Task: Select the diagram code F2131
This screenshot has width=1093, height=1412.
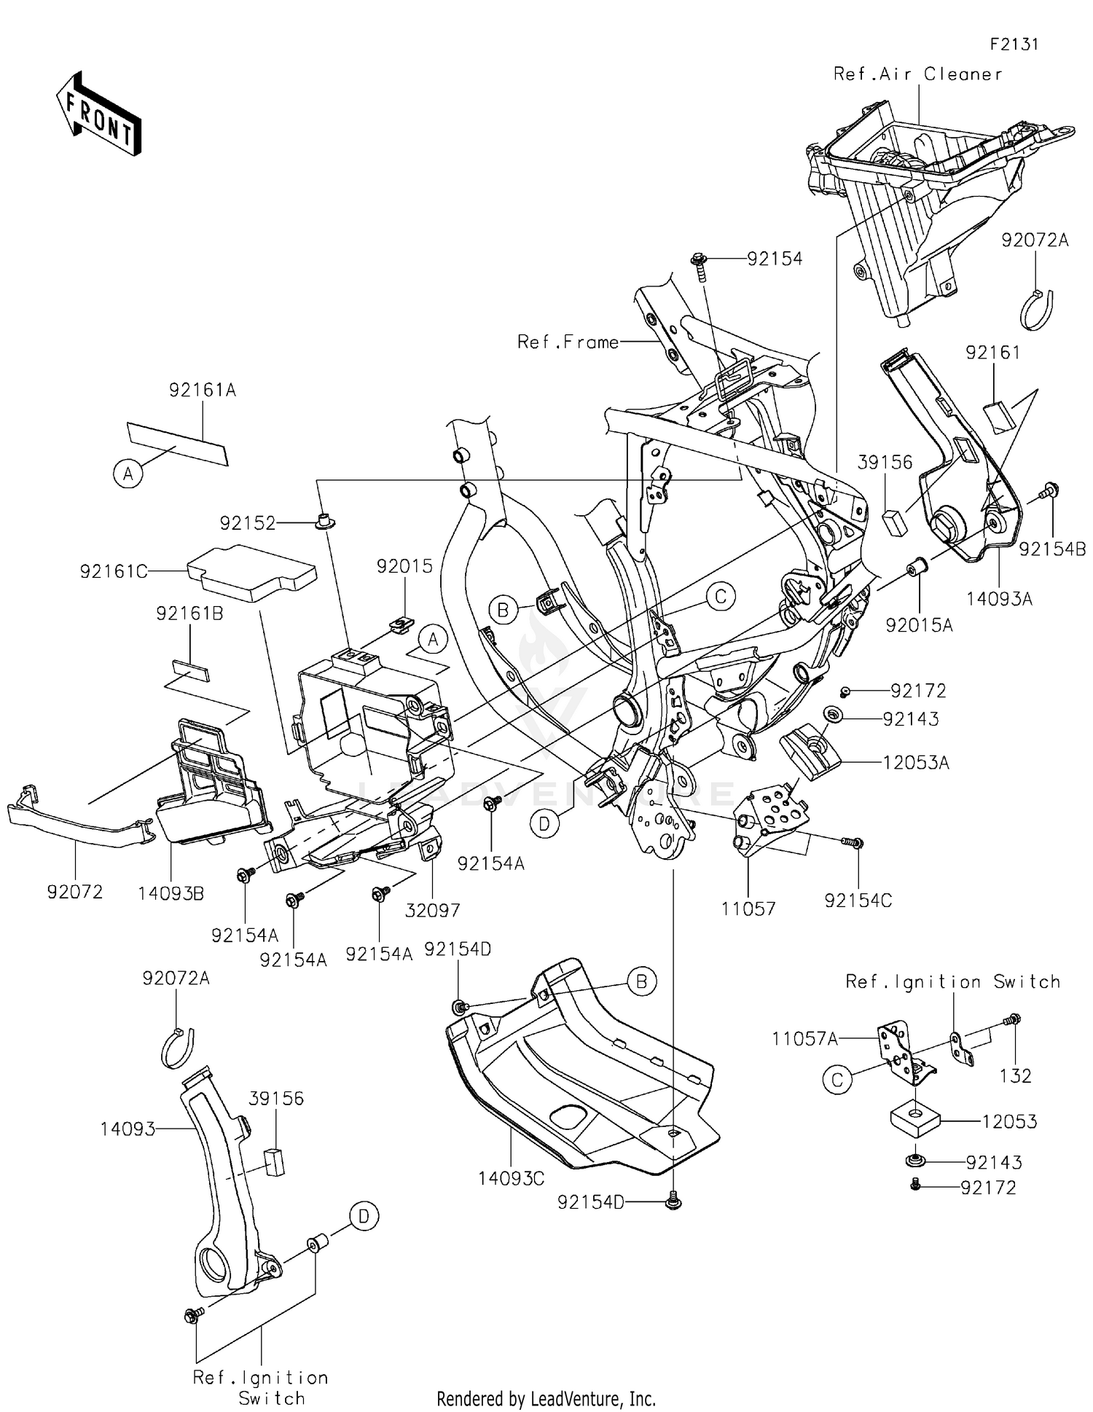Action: point(1014,44)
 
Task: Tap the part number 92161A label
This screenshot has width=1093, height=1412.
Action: point(203,391)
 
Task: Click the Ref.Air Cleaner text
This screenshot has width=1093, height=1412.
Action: point(917,74)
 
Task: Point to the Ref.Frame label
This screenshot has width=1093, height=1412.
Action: point(568,342)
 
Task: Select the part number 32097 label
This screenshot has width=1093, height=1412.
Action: point(433,910)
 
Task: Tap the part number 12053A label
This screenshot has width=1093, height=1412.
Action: point(916,763)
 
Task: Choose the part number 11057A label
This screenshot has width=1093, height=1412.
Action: point(805,1038)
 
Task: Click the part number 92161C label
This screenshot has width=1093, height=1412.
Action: point(114,572)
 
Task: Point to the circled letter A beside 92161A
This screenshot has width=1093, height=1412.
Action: point(128,474)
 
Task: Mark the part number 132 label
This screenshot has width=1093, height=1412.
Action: point(1016,1075)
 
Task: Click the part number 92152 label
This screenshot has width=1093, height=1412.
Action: point(248,523)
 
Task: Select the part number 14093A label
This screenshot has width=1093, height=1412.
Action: point(1000,599)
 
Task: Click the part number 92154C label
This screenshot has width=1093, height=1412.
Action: point(858,901)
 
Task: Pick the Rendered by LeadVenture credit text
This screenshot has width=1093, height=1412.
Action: point(546,1398)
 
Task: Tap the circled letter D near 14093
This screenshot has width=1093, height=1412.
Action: point(364,1216)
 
